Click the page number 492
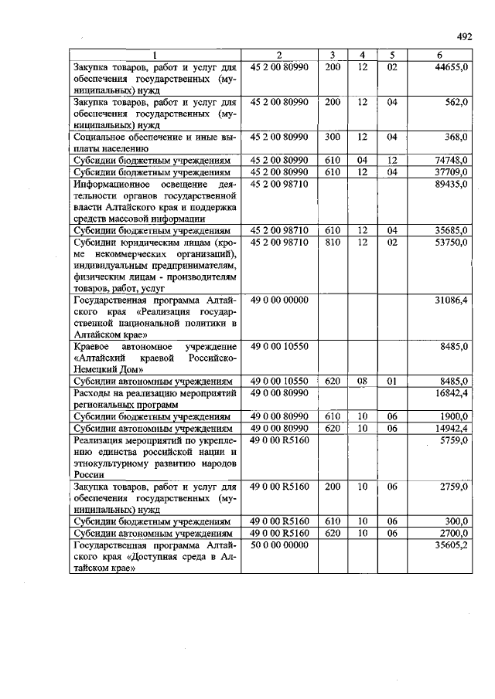463,36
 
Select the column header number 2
279,55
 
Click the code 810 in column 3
332,243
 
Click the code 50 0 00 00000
279,545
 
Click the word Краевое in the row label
93,347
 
